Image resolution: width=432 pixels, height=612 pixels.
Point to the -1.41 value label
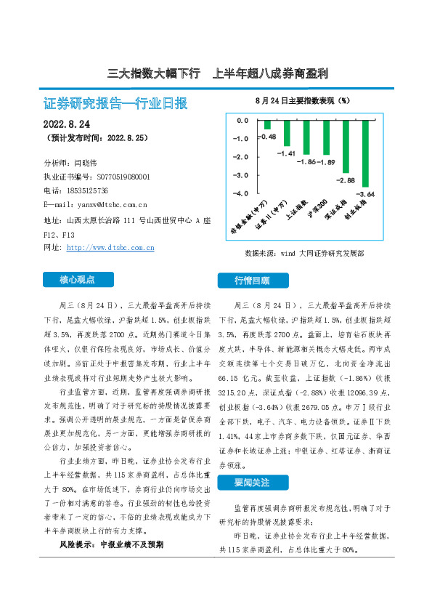click(287, 153)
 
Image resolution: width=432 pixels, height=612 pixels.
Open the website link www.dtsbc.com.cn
click(110, 248)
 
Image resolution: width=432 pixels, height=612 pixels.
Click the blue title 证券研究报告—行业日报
click(115, 102)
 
